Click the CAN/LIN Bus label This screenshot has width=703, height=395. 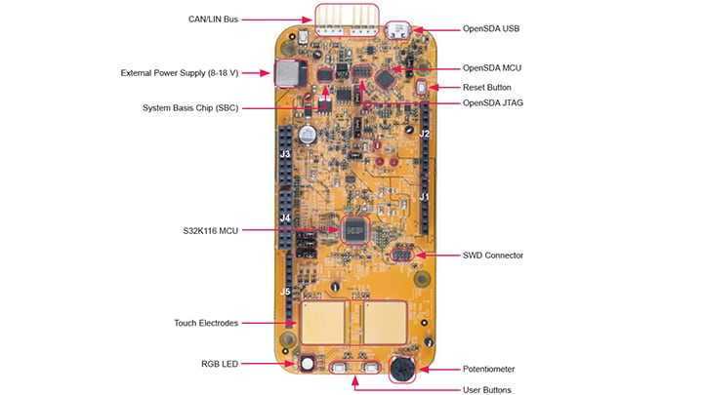[x=212, y=19]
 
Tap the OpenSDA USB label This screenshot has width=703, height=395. [x=491, y=28]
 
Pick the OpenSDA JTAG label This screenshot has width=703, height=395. [x=493, y=102]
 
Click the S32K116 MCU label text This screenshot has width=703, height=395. [x=202, y=230]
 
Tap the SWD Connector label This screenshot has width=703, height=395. [x=492, y=256]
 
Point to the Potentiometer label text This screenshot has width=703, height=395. [x=487, y=369]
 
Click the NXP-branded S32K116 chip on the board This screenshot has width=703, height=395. [x=352, y=230]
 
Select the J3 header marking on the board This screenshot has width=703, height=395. [x=285, y=154]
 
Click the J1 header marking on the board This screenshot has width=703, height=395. [x=424, y=196]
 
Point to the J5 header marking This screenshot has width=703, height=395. [x=285, y=291]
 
